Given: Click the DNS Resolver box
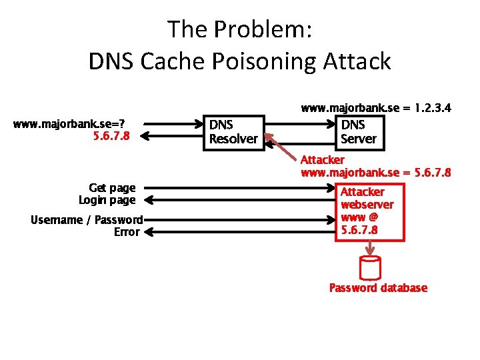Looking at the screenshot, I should point(233,131).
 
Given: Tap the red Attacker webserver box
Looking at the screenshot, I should point(369,211).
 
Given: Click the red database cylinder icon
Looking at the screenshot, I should point(369,268).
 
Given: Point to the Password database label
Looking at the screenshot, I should point(378,288).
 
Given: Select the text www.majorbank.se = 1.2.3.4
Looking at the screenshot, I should point(376,107).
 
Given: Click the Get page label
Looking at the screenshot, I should point(112,188).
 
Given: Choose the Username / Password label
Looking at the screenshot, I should point(87,220).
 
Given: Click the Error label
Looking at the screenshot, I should point(127,232).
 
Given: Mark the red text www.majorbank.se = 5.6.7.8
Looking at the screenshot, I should point(376,173).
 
